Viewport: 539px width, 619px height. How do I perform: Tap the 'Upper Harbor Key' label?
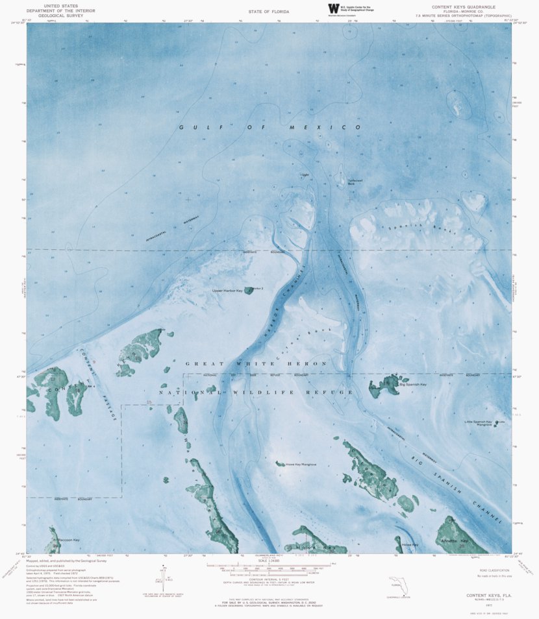point(227,291)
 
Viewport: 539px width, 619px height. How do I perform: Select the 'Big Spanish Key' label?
point(413,385)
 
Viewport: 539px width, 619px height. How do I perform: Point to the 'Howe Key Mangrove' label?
point(301,464)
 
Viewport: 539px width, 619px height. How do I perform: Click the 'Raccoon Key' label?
point(67,540)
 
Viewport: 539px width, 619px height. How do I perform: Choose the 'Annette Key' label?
point(454,540)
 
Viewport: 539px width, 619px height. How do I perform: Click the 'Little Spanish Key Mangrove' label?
point(479,423)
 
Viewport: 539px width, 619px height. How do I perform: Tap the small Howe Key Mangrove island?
point(280,463)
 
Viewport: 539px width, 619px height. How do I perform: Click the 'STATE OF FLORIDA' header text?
point(269,12)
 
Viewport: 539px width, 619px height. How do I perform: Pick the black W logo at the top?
point(334,9)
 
